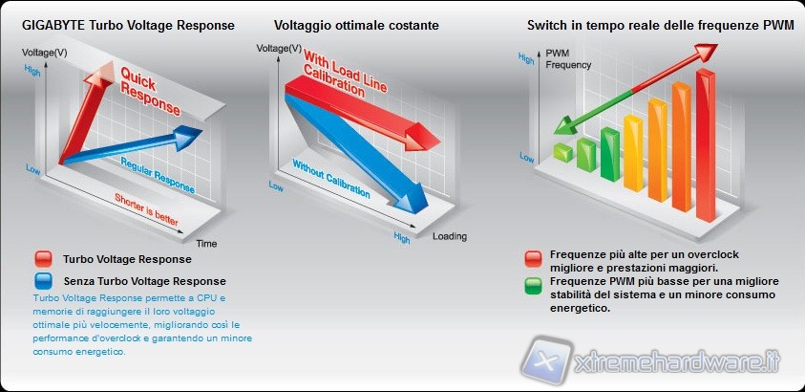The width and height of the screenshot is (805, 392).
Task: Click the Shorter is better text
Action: pos(145,208)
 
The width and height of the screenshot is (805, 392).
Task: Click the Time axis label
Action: pos(206,243)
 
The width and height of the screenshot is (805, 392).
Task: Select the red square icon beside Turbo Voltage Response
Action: pos(42,259)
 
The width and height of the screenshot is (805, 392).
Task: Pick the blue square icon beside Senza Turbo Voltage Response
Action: pos(42,281)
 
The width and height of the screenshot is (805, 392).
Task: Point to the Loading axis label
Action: pos(449,236)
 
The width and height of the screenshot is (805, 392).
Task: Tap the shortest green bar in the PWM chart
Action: pos(561,152)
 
